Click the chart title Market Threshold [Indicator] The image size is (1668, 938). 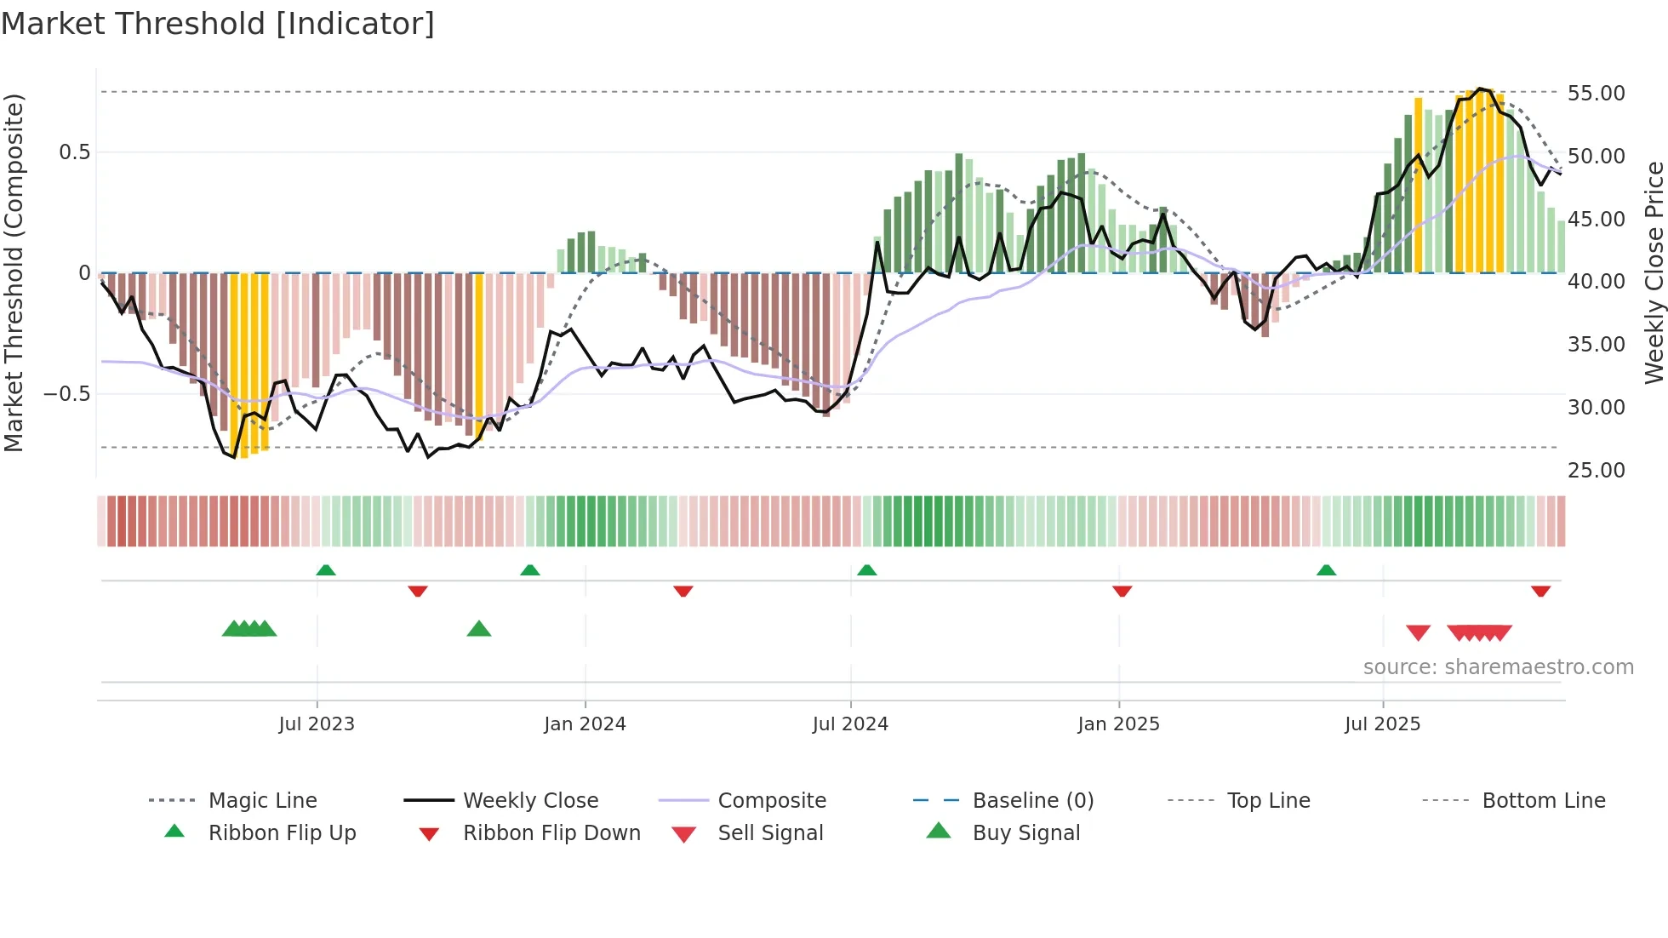(218, 24)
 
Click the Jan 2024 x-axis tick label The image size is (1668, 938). (585, 724)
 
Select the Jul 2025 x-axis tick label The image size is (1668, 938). (1382, 724)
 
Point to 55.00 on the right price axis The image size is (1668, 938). (1596, 93)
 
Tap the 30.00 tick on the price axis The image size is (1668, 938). (1596, 407)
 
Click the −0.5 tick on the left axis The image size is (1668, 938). (66, 393)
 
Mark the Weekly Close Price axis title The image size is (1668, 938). (1654, 272)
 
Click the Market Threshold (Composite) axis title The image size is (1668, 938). (14, 272)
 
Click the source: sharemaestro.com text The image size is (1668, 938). (1498, 666)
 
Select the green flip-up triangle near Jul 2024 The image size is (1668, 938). (866, 569)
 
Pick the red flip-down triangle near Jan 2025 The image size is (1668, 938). (1122, 591)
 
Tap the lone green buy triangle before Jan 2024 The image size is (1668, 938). (479, 629)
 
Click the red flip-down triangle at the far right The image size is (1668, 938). (1540, 591)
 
